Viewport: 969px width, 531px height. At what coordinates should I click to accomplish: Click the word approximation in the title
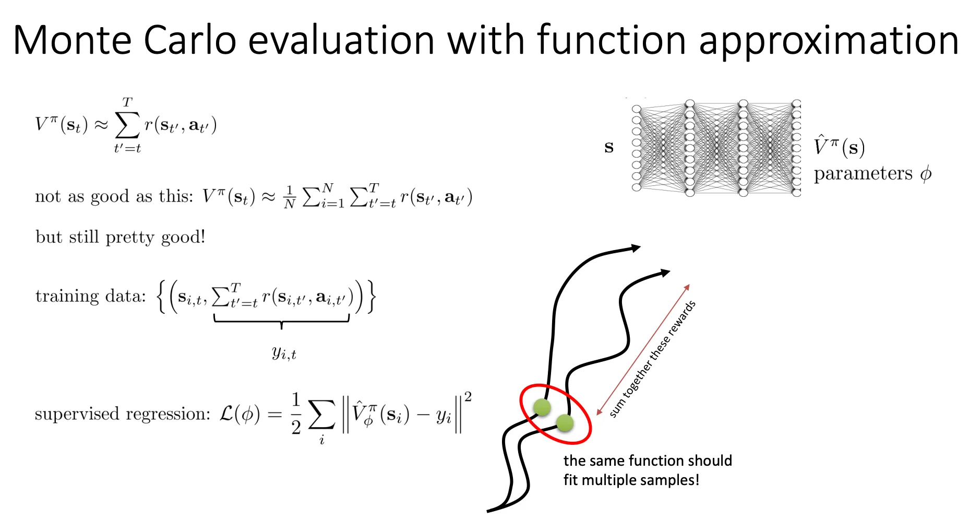point(829,42)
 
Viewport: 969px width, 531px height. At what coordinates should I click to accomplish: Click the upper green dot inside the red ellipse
point(542,407)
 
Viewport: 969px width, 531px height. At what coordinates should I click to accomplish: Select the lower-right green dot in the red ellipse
point(565,423)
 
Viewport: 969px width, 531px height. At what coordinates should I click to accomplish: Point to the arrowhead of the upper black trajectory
point(636,248)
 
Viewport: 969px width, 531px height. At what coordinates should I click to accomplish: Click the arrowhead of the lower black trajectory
point(665,273)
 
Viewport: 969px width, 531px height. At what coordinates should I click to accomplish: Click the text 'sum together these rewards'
point(653,359)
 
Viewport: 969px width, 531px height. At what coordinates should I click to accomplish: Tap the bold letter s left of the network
point(608,147)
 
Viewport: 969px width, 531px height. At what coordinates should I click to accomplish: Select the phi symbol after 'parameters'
point(926,173)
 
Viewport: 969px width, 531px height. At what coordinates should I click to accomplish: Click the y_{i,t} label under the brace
point(284,353)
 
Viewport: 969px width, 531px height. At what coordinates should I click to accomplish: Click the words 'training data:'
point(91,296)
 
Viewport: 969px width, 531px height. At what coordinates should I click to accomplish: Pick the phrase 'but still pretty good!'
point(121,237)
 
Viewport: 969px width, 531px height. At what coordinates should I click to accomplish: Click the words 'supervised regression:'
point(123,414)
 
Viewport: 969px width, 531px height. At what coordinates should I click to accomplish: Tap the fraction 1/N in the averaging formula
point(290,197)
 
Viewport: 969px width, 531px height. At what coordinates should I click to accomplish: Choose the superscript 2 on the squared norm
point(468,397)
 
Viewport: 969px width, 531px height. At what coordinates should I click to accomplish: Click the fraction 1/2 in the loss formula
point(296,414)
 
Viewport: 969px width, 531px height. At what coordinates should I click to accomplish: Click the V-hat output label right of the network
point(839,146)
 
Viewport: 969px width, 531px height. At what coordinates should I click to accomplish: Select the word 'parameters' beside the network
point(864,173)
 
